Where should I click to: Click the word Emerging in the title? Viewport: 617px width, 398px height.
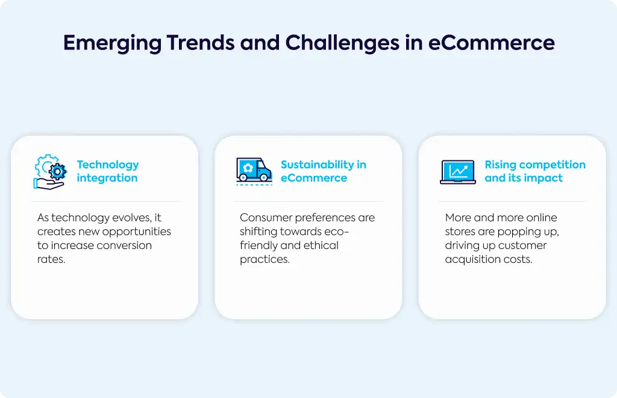(x=112, y=43)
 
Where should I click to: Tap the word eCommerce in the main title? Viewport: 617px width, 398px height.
(x=492, y=43)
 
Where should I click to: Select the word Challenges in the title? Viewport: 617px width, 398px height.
(x=342, y=43)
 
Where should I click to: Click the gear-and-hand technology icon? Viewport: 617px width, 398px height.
(x=50, y=172)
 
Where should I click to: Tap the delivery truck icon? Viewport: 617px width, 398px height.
(x=254, y=171)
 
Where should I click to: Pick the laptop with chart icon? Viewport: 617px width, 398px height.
(x=458, y=172)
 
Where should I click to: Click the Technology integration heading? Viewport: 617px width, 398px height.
(x=108, y=171)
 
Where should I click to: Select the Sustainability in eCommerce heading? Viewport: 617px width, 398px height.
(x=324, y=171)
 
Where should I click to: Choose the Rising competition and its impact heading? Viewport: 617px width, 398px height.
(x=535, y=171)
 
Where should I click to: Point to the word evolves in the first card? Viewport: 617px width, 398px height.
(x=127, y=218)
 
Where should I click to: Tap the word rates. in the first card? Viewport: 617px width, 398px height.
(x=51, y=259)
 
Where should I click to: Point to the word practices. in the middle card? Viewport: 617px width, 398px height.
(x=265, y=259)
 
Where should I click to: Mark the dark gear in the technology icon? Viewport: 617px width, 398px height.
(x=58, y=172)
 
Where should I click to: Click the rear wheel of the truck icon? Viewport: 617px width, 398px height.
(x=243, y=178)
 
